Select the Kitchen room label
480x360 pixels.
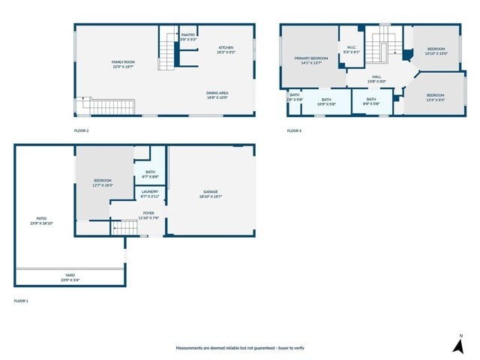[226, 50]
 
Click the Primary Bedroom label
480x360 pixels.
[310, 60]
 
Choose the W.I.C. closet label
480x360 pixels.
[352, 50]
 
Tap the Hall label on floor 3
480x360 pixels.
[376, 79]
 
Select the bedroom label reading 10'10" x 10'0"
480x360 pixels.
[436, 51]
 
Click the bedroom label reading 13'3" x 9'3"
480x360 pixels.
[435, 97]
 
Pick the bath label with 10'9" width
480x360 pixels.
[326, 101]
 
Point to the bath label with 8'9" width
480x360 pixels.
[371, 101]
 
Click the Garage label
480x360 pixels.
[209, 193]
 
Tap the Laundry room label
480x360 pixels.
[149, 193]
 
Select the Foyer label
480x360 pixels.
[148, 215]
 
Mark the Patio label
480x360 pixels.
[41, 220]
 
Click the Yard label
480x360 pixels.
[69, 277]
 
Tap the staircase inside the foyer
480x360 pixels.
[121, 227]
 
